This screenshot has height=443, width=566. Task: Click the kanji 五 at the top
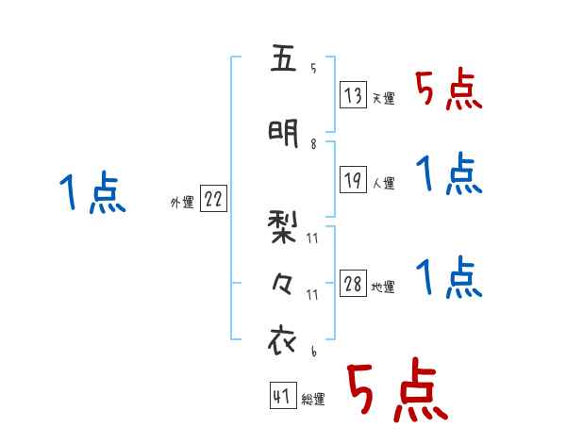[x=282, y=61]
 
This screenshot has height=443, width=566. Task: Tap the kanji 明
[x=282, y=132]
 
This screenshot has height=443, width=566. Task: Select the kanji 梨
[x=282, y=228]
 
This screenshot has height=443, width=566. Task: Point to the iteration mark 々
[x=282, y=282]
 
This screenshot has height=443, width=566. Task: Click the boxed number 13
[x=354, y=95]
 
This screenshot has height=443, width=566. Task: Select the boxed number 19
[x=354, y=180]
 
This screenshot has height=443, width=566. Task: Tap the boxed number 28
[x=354, y=285]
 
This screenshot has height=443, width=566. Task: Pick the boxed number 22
[x=213, y=200]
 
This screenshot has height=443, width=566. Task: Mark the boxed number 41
[x=282, y=397]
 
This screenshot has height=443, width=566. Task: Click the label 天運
[x=383, y=99]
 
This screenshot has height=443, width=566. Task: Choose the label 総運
[x=313, y=401]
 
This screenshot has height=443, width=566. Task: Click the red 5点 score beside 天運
[x=449, y=91]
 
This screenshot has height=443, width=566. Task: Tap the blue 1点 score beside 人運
[x=449, y=174]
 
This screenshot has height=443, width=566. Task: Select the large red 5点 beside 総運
[x=396, y=391]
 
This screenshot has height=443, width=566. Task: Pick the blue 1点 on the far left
[x=92, y=193]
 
